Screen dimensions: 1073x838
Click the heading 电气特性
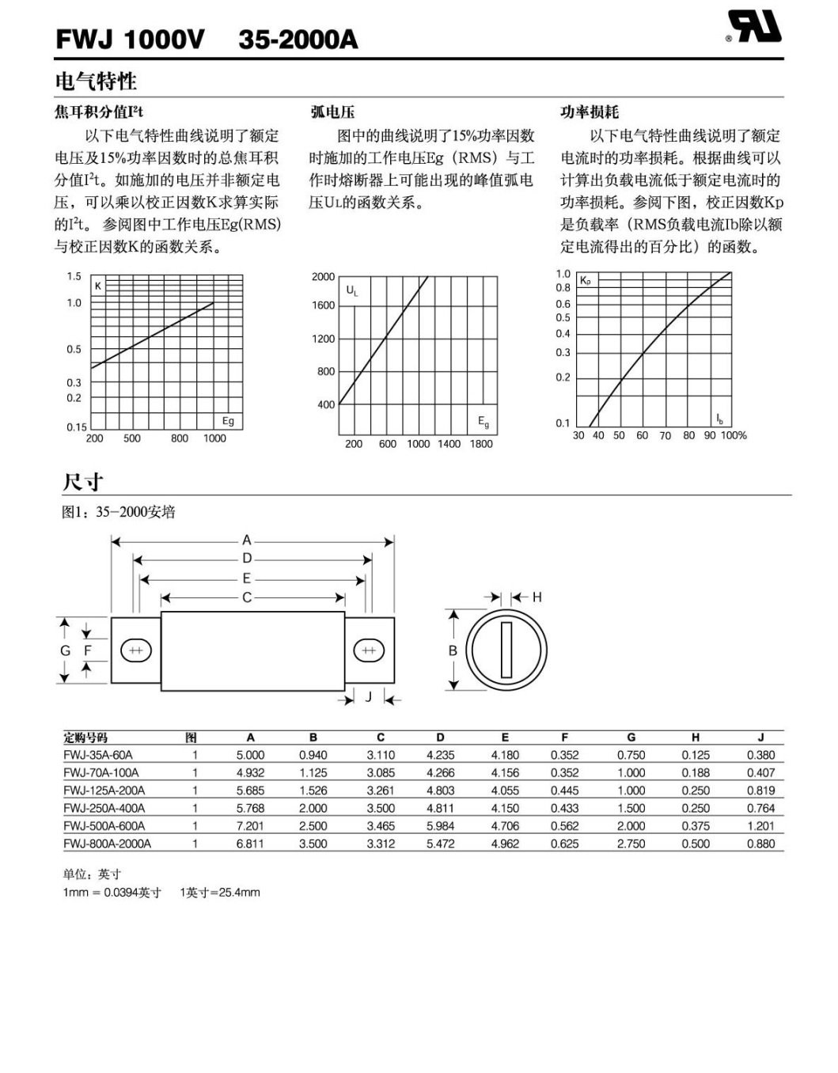tap(96, 81)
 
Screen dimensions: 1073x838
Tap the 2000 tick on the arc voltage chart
tap(323, 276)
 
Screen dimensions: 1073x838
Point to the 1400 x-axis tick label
tap(449, 444)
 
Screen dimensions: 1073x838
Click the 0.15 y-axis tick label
tap(77, 427)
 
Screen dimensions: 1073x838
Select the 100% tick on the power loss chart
tap(734, 435)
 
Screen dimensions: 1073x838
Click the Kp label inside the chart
tap(586, 281)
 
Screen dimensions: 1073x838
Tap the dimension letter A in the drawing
tap(247, 540)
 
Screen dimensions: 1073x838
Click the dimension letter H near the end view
tap(537, 597)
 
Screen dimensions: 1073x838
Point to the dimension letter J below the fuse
tap(368, 696)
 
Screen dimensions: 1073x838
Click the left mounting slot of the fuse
tap(135, 650)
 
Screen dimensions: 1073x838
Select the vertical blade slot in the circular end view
tap(506, 650)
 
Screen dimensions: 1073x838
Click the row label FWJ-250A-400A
tap(104, 808)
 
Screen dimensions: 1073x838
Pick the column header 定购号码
tap(85, 737)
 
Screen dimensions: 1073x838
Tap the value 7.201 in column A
tap(250, 825)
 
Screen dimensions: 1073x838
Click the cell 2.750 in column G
tap(631, 844)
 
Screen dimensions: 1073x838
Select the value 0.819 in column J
tap(760, 790)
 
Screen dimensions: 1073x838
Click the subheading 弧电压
tap(332, 112)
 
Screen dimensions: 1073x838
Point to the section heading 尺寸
tap(83, 482)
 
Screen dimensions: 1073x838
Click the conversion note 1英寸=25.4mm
tap(220, 892)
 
